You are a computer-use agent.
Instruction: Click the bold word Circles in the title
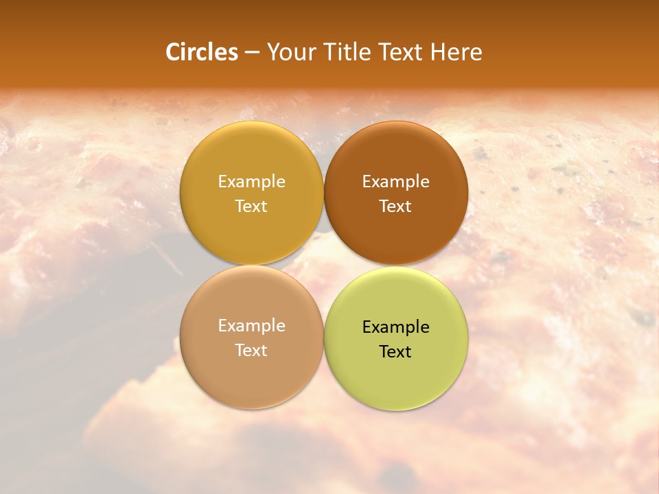tap(202, 52)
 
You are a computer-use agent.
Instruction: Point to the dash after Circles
tap(252, 53)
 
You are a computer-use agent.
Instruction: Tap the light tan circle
tap(251, 374)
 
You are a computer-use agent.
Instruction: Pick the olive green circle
tap(396, 376)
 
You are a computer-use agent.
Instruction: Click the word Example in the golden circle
tap(251, 181)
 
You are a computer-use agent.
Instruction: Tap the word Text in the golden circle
tap(251, 206)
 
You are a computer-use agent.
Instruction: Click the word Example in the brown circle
tap(395, 181)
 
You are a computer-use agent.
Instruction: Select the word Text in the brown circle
tap(395, 206)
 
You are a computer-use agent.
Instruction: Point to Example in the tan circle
tap(251, 325)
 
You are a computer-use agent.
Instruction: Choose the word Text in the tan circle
tap(251, 350)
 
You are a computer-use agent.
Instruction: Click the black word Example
tap(395, 327)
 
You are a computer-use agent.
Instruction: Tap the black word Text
tap(395, 351)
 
